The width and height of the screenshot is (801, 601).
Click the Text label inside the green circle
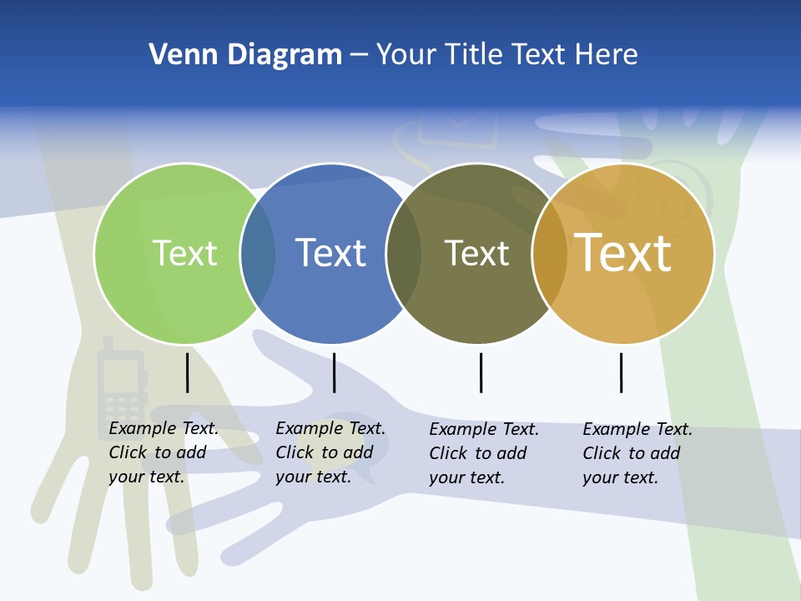[184, 253]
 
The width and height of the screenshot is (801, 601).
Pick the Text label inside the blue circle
[331, 253]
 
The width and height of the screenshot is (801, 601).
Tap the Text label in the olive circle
[476, 253]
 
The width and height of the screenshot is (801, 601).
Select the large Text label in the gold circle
[622, 253]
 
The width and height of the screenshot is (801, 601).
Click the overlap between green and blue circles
[258, 253]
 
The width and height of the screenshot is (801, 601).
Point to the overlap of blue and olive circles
[404, 253]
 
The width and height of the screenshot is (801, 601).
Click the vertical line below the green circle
[188, 372]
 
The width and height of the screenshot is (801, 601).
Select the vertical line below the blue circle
[334, 372]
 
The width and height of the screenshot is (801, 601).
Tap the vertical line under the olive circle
[481, 372]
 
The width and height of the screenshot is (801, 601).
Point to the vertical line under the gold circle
[621, 372]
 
